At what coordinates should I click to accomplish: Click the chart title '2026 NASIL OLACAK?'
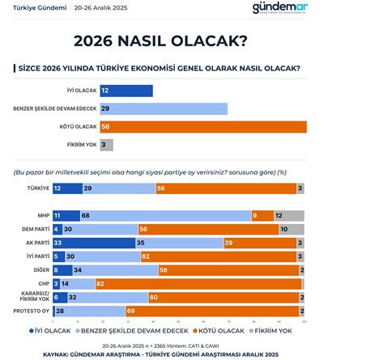tap(183, 40)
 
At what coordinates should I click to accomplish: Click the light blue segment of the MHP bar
tap(165, 216)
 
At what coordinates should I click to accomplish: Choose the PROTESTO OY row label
tap(35, 311)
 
